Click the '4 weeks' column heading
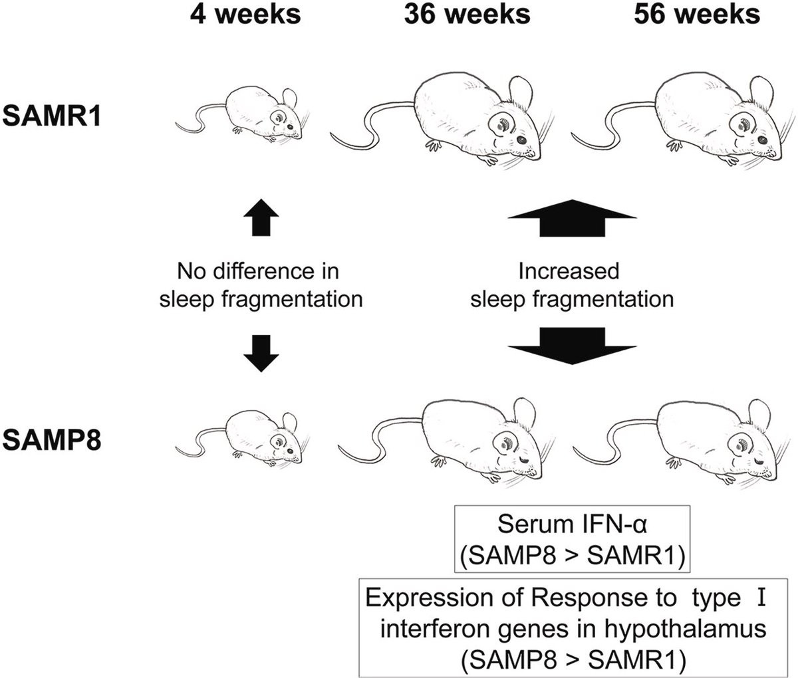[245, 15]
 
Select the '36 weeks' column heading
[467, 15]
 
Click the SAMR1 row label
[52, 116]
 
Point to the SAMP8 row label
[52, 440]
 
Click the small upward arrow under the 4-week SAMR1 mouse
[261, 217]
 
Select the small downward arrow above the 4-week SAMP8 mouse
[261, 354]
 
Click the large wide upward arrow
[572, 218]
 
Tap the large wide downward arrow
[572, 346]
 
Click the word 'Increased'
[569, 271]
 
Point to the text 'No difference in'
[258, 271]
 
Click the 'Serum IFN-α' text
[572, 524]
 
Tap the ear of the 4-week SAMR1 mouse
[289, 98]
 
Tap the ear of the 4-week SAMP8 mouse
[289, 422]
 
